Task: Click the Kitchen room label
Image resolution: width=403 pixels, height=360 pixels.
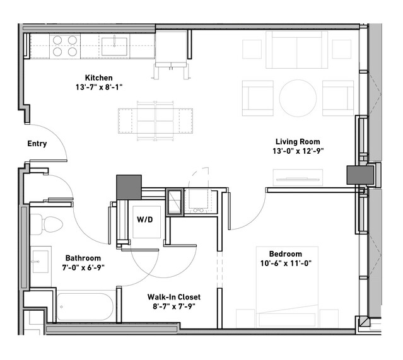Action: (x=98, y=78)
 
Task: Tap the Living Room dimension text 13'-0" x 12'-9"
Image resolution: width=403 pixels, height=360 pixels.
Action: (x=298, y=151)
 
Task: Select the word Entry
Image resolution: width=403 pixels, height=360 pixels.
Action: (x=37, y=143)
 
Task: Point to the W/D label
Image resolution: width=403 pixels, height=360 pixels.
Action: (x=145, y=219)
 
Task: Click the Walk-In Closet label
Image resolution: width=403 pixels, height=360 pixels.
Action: (x=174, y=297)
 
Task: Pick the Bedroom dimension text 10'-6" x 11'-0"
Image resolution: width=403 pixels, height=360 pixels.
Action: (x=286, y=264)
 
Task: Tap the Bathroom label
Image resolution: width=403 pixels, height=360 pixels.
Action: (x=83, y=258)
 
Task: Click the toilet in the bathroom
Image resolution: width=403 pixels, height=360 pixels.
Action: (x=47, y=224)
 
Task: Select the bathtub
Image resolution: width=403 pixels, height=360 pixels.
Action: (x=85, y=307)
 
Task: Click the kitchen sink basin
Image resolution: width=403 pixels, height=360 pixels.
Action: (x=114, y=47)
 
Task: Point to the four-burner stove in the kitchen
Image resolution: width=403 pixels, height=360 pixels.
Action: (x=65, y=46)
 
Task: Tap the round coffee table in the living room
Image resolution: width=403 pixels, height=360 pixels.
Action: (x=298, y=98)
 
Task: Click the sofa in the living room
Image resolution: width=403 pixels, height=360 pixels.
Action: (x=297, y=50)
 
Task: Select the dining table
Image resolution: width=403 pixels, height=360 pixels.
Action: (x=156, y=121)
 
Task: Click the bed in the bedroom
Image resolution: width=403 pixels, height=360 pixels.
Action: (x=288, y=287)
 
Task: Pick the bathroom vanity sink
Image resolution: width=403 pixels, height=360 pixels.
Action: (x=40, y=262)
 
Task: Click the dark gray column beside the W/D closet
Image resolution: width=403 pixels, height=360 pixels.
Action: (x=129, y=187)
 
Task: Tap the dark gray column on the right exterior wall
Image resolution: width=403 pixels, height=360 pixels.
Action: (x=360, y=175)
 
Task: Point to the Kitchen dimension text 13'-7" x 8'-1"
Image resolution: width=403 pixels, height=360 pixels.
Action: (x=99, y=88)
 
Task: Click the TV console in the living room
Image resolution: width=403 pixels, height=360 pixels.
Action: (x=298, y=177)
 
